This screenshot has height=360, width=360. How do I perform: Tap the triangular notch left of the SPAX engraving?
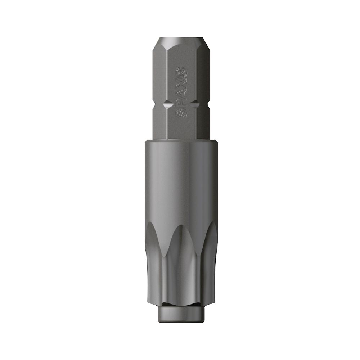coord(166,105)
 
